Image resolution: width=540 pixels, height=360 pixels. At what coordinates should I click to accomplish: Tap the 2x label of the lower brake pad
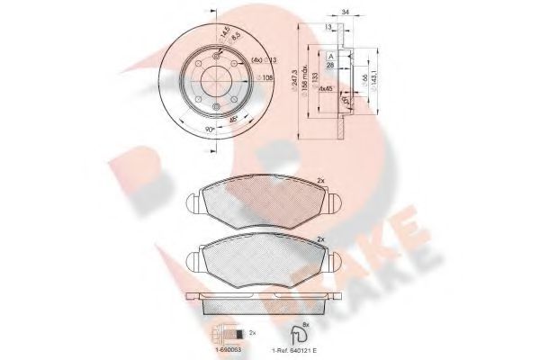pyautogui.click(x=320, y=239)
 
